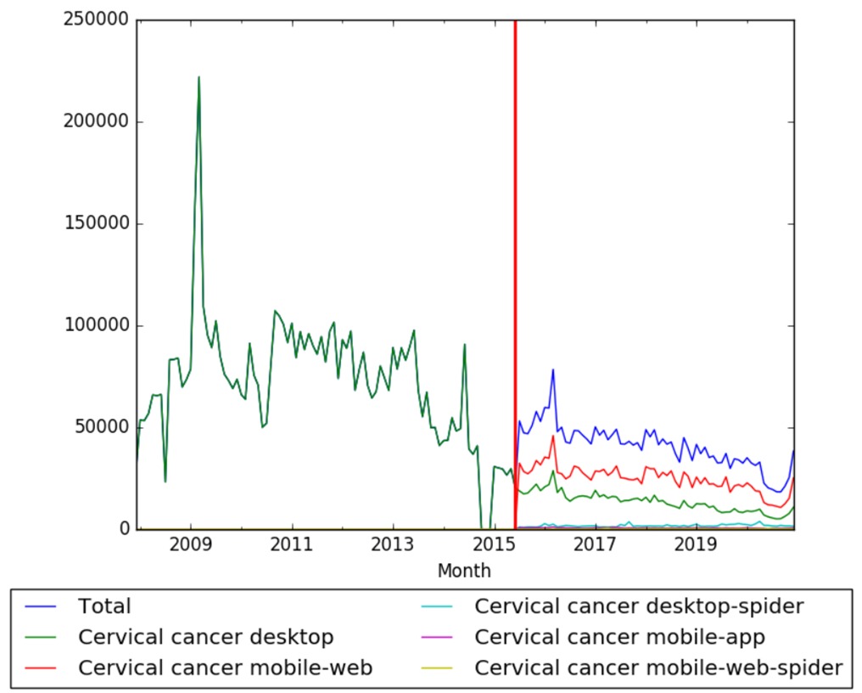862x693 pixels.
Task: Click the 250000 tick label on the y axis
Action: (95, 20)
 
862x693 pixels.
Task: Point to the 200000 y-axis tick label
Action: (95, 121)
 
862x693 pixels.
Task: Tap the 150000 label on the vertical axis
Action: (95, 223)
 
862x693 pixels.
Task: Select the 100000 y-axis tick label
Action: (95, 325)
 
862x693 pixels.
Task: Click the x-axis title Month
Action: (464, 571)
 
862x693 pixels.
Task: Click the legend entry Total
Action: (104, 606)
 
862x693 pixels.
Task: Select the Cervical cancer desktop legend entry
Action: (205, 637)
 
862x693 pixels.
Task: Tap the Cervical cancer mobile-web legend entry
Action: (225, 668)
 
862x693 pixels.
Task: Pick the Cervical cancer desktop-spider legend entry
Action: (639, 606)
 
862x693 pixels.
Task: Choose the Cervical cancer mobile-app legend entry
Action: (620, 637)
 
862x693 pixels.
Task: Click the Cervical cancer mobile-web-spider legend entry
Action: (658, 668)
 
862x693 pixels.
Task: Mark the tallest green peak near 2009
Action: (199, 77)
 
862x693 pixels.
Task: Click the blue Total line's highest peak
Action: (553, 369)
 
